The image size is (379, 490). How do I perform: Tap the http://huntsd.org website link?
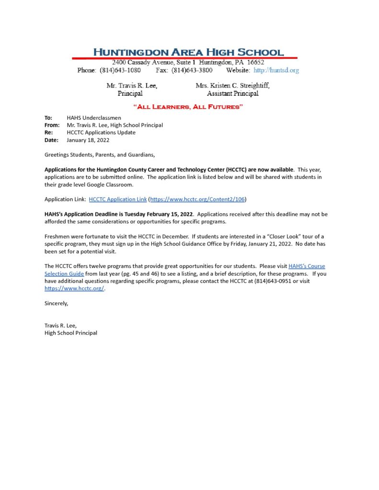pos(276,70)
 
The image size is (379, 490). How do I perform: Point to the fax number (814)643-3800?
pos(192,70)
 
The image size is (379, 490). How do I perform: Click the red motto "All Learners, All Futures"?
pos(188,107)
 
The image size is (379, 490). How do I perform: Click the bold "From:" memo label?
pos(51,125)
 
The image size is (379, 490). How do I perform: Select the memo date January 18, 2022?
pos(88,140)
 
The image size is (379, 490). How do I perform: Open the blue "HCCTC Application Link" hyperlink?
pos(117,199)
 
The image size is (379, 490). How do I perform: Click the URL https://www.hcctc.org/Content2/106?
pos(198,199)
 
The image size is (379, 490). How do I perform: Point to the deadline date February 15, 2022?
pos(170,214)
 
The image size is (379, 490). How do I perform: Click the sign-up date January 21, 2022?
pos(261,244)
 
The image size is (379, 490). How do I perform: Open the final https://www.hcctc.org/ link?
pos(74,289)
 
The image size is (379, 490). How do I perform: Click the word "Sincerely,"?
pos(57,303)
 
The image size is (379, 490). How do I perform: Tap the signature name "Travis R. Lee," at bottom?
pos(60,325)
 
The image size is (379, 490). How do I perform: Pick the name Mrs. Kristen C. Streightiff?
pos(232,86)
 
